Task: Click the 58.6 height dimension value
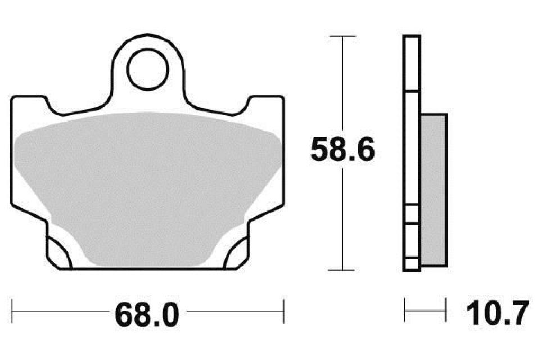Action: tap(343, 151)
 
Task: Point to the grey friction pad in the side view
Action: tap(434, 190)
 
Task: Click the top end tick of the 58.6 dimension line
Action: tap(343, 36)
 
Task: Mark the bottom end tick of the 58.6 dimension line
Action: tap(343, 270)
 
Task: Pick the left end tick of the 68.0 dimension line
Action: tap(12, 309)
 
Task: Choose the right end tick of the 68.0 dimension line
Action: tap(284, 309)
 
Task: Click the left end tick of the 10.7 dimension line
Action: tap(405, 309)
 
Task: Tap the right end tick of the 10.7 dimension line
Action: tap(446, 309)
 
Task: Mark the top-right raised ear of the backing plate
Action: tap(265, 100)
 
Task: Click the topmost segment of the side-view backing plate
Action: tap(412, 63)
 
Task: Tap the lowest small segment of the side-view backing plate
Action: tap(412, 264)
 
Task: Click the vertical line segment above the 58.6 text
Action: tap(343, 84)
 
